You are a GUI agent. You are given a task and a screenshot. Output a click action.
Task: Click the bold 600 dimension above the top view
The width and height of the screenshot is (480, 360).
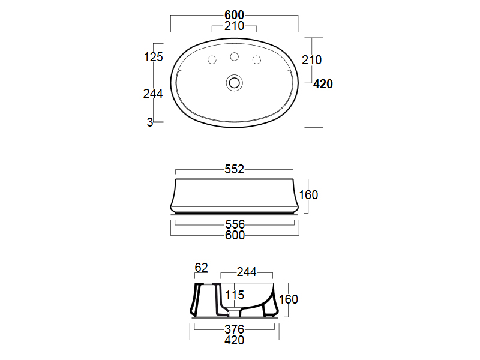(x=234, y=14)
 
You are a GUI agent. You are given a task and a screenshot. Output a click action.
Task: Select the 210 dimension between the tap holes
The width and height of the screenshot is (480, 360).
(x=234, y=26)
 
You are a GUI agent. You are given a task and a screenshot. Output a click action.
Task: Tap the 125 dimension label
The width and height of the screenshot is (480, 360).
(x=154, y=57)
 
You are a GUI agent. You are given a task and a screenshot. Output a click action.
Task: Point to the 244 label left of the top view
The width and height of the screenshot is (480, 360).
(x=153, y=94)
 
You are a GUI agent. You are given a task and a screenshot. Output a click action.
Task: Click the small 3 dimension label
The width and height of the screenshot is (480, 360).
(x=149, y=122)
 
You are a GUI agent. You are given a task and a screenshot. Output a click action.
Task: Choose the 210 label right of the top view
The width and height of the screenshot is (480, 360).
(x=311, y=60)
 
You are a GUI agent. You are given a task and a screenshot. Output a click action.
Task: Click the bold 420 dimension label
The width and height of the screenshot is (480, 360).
(x=323, y=84)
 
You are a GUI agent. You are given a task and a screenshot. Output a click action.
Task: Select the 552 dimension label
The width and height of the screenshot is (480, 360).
(x=234, y=169)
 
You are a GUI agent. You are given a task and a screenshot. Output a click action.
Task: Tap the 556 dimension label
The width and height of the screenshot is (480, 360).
(x=235, y=224)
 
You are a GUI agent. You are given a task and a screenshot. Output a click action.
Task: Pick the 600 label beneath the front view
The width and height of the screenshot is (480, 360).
(x=235, y=235)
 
